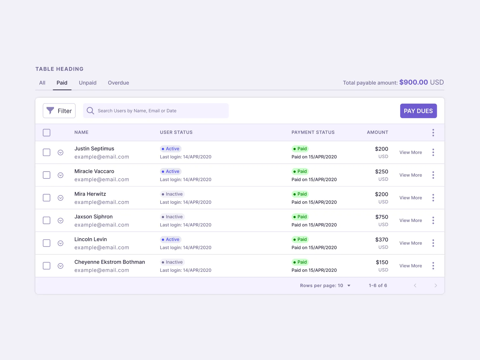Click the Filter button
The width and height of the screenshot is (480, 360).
(59, 111)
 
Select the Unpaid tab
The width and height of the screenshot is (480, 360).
(88, 83)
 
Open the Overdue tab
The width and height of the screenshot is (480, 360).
(118, 83)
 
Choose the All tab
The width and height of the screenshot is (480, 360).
(42, 83)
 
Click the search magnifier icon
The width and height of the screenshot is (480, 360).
(90, 111)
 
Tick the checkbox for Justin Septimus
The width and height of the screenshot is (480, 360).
(46, 152)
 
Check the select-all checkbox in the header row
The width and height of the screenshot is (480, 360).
(46, 133)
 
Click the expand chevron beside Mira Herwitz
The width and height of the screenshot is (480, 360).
(61, 198)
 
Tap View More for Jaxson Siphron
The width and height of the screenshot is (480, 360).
(411, 220)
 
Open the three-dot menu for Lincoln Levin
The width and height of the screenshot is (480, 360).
(433, 243)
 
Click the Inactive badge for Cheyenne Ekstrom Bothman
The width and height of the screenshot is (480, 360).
(172, 262)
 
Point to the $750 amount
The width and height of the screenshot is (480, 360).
(382, 217)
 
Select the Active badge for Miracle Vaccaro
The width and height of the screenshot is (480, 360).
(171, 172)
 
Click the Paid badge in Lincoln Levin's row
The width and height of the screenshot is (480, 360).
(300, 239)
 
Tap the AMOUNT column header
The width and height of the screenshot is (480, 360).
(377, 132)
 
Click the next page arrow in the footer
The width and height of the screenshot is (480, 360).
(436, 286)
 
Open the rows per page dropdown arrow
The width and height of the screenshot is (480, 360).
(349, 286)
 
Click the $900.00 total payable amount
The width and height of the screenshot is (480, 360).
(413, 82)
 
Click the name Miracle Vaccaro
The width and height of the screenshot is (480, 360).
(94, 171)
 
